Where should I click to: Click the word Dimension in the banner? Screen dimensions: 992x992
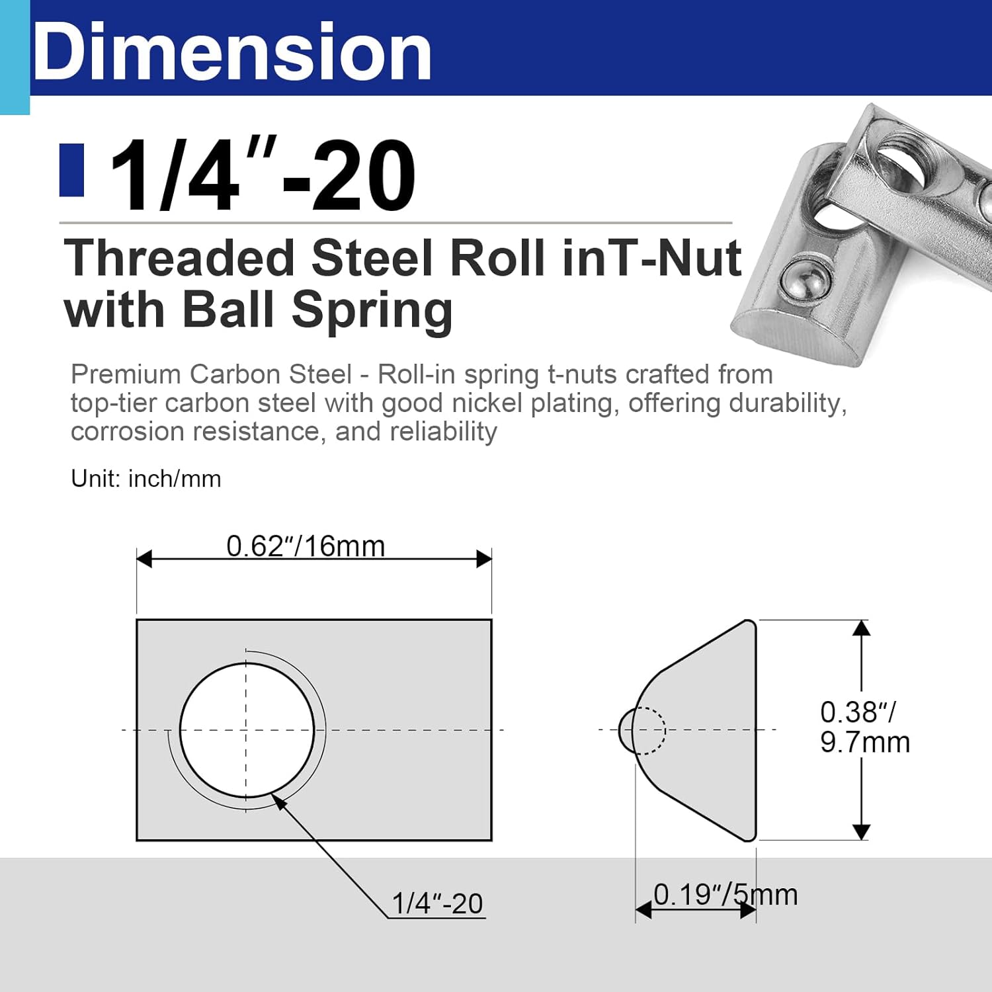tap(231, 52)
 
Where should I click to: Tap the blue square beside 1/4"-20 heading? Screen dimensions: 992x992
tap(71, 170)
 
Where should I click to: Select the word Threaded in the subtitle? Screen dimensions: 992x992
tap(179, 258)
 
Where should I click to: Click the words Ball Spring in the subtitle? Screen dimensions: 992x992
tap(317, 310)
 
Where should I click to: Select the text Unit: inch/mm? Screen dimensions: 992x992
tap(145, 478)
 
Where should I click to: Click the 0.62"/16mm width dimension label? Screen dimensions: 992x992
tap(305, 546)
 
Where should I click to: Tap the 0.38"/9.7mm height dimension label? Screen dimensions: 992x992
tap(864, 727)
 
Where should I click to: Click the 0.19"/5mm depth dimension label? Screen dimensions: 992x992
tap(725, 895)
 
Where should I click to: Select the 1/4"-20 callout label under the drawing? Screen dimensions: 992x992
tap(437, 903)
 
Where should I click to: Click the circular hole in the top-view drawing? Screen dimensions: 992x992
tap(247, 730)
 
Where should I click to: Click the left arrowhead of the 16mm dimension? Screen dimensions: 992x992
tap(144, 559)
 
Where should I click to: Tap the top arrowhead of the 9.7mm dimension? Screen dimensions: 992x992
tap(861, 628)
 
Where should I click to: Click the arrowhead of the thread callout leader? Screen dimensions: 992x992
tap(280, 802)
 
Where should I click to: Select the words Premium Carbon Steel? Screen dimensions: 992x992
tap(211, 374)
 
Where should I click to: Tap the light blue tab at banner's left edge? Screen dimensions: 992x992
tap(15, 58)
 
